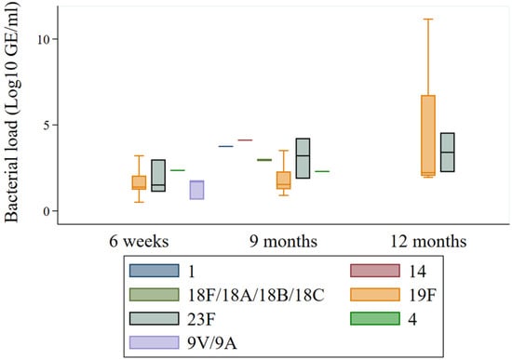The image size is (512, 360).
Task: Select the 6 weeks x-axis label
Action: coord(138,242)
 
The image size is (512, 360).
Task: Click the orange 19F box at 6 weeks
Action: coord(139,182)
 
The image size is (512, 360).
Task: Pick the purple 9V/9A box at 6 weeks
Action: coord(196,190)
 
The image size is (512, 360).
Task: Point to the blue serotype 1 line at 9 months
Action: coord(225,146)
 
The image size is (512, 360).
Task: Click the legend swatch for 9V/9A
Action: coord(147,338)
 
